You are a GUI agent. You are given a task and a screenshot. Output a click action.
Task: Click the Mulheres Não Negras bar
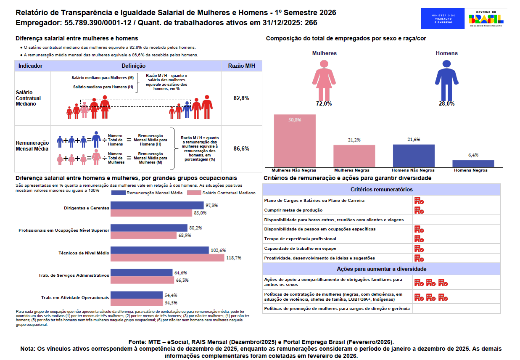point(295,140)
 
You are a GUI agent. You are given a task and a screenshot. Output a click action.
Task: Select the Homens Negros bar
point(473,164)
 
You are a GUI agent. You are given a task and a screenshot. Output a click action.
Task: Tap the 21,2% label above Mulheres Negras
point(354,140)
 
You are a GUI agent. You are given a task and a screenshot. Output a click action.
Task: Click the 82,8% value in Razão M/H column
point(241,98)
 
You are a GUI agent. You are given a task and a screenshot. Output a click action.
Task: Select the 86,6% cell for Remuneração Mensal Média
point(241,148)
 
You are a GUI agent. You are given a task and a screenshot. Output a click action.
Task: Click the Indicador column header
point(30,66)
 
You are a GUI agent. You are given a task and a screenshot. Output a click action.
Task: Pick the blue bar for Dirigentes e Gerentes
point(157,205)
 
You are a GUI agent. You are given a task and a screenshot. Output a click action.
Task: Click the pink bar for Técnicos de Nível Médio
point(167,257)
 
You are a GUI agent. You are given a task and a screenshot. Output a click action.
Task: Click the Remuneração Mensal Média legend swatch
point(119,193)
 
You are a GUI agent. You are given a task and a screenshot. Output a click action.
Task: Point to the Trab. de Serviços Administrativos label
point(74,275)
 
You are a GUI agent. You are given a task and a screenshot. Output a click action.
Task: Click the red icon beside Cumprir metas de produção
point(419,210)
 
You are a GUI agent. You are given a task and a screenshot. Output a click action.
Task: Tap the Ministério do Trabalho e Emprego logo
point(442,19)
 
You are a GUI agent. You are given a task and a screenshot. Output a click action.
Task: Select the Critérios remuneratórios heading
point(381,190)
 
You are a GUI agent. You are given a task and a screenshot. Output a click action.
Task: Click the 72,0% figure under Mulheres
point(324,103)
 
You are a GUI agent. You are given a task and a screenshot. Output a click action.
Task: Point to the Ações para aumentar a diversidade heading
point(381,269)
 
